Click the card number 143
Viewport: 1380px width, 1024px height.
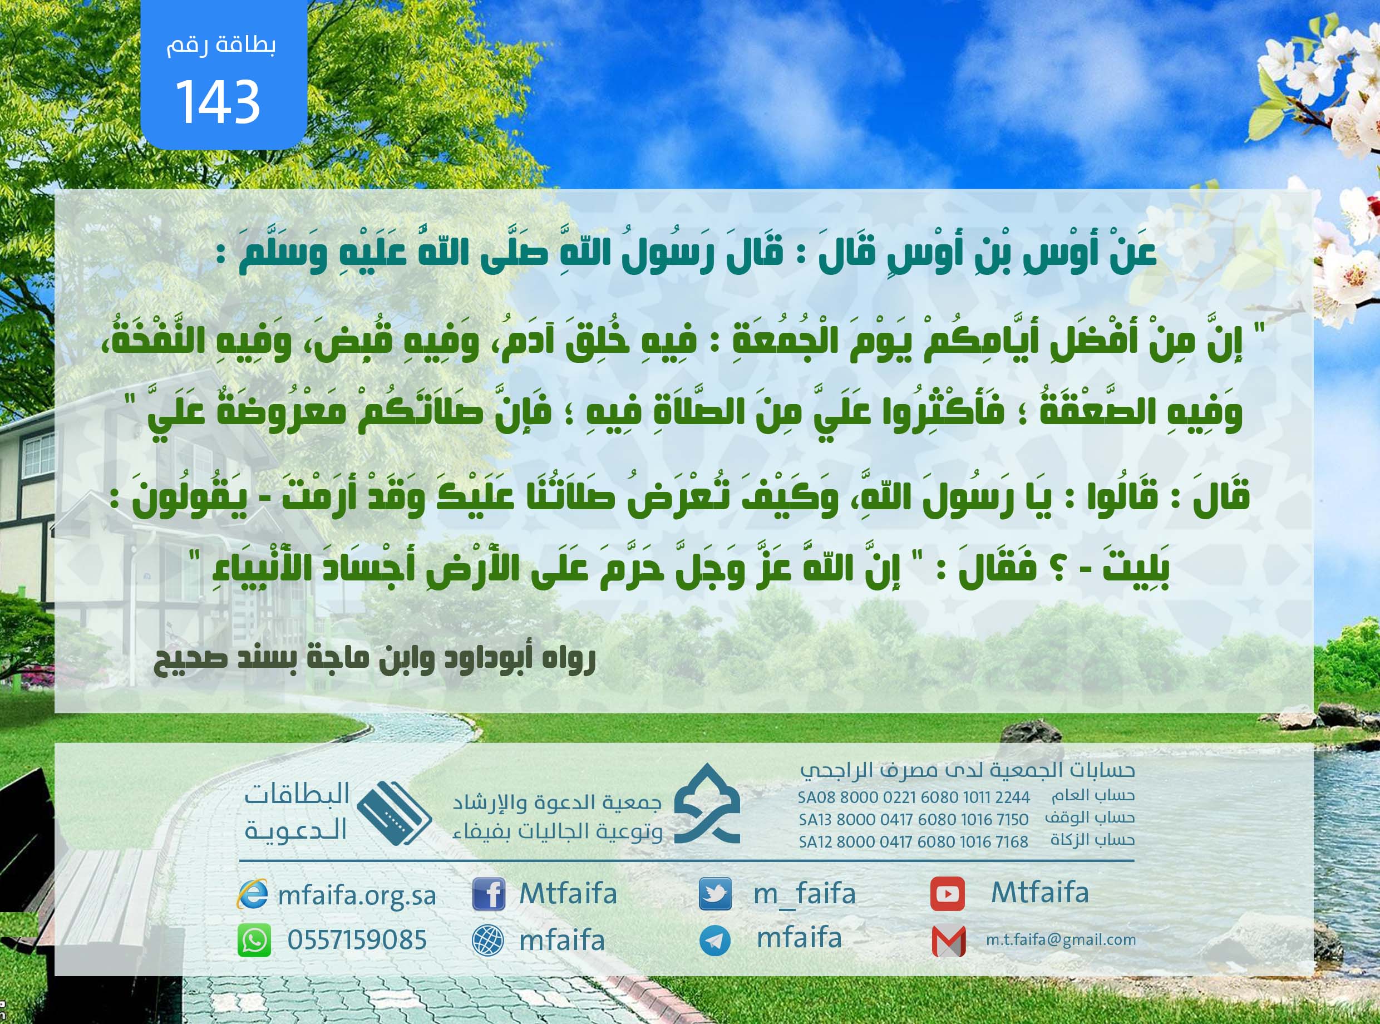(x=218, y=101)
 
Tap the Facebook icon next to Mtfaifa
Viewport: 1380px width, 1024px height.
(x=489, y=894)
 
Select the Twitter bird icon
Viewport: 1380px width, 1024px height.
(x=715, y=894)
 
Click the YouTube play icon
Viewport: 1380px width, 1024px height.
(x=948, y=894)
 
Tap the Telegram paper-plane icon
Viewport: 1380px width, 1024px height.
(x=715, y=941)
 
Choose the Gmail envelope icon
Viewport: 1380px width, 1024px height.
(x=949, y=941)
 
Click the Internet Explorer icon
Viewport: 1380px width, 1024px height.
(x=253, y=894)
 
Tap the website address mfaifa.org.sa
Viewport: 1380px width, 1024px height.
(x=357, y=895)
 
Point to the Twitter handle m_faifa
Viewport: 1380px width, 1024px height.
(x=804, y=894)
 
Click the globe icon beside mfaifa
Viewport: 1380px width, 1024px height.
(x=487, y=941)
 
